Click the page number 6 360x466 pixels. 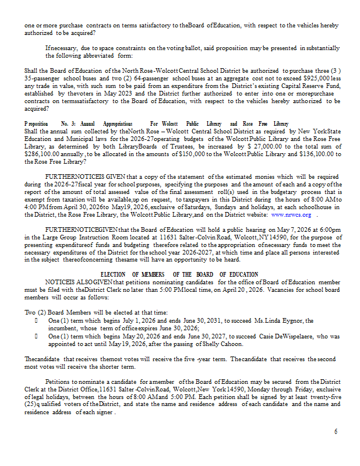click(x=336, y=431)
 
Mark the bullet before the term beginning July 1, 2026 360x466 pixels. click(x=37, y=320)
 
